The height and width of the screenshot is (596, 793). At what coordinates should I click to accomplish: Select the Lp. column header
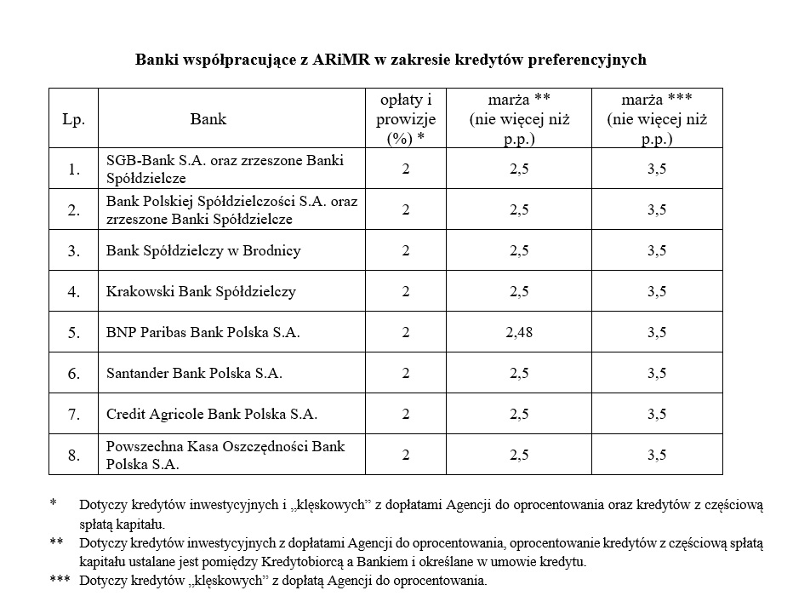(x=74, y=119)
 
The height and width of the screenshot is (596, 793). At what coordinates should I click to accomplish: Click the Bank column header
(x=208, y=119)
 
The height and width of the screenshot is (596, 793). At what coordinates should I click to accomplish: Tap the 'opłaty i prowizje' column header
(x=405, y=119)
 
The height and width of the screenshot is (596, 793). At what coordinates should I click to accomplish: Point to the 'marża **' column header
(x=519, y=119)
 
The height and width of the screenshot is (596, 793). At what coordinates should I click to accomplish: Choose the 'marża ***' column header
(x=657, y=119)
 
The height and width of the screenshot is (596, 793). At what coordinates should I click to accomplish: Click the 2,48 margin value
(x=519, y=332)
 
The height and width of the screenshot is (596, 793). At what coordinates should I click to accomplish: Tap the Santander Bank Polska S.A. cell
(x=194, y=373)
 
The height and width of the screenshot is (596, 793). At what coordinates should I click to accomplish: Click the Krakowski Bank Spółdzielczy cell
(x=201, y=291)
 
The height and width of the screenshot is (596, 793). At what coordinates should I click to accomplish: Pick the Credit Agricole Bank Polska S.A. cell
(x=211, y=414)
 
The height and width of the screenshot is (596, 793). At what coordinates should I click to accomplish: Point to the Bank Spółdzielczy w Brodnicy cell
(x=203, y=250)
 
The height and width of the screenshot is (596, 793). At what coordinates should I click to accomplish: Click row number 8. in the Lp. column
(x=74, y=455)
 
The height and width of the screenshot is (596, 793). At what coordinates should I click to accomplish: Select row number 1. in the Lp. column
(x=74, y=169)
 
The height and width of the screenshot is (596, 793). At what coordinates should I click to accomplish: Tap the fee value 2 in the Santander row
(x=406, y=373)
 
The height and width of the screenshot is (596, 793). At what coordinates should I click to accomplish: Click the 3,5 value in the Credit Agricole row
(x=657, y=414)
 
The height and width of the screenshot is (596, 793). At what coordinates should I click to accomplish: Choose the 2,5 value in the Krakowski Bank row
(x=519, y=291)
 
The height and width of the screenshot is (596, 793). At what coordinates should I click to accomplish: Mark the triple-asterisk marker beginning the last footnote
(x=59, y=582)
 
